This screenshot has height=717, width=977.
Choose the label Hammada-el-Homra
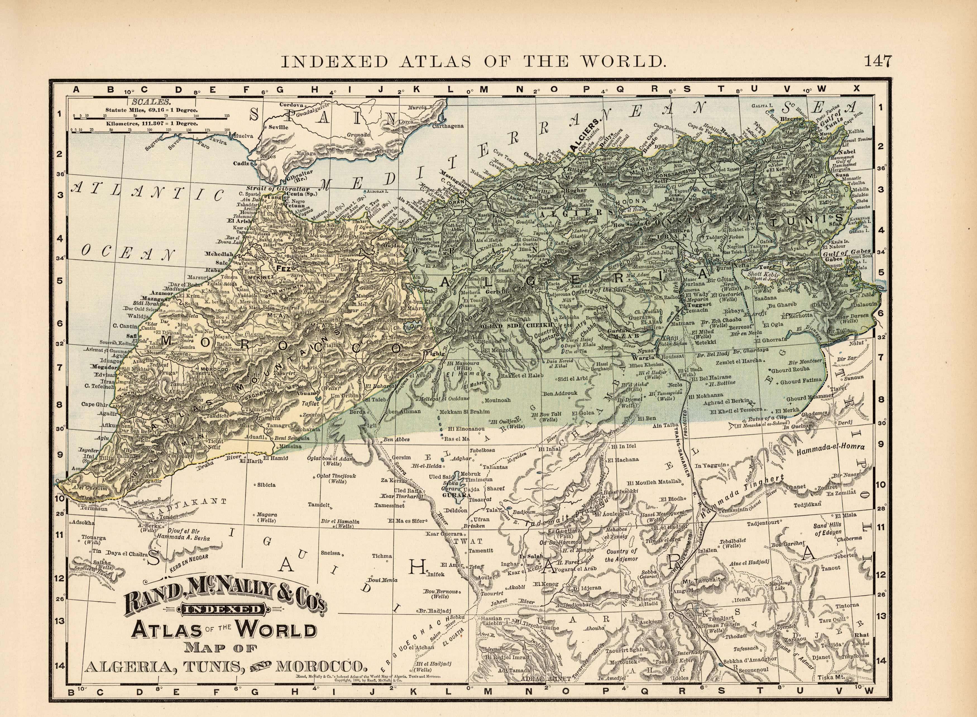[831, 448]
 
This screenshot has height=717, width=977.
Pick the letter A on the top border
[76, 89]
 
